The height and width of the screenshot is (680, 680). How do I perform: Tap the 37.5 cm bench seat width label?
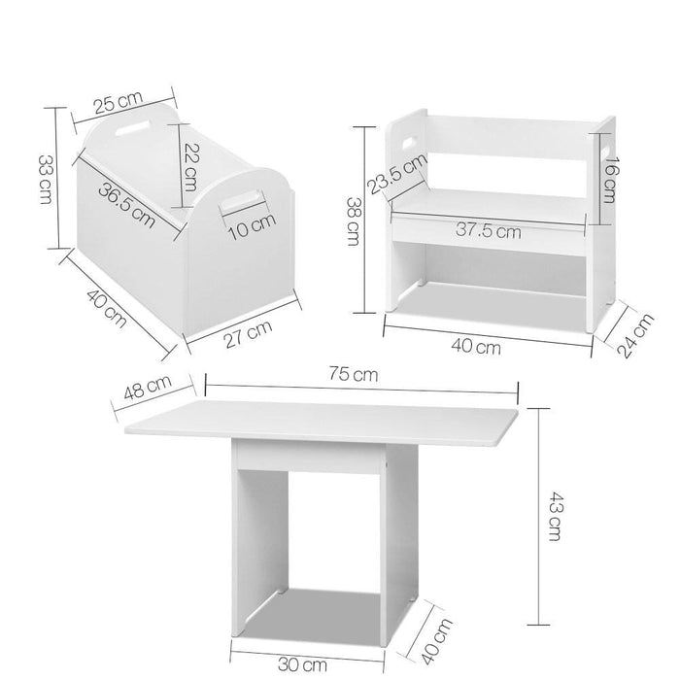click(x=488, y=230)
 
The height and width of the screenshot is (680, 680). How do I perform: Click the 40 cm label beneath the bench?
click(x=476, y=346)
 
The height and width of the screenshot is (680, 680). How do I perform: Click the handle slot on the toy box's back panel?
click(x=135, y=126)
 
